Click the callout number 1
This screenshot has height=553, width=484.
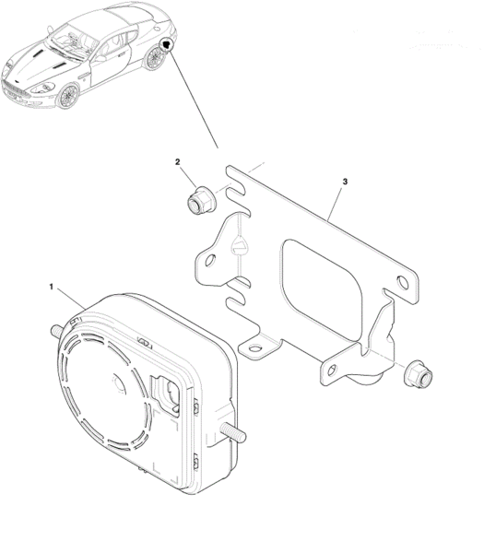tap(51, 287)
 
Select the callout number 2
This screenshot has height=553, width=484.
tap(177, 162)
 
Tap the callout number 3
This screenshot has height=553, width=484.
tap(345, 182)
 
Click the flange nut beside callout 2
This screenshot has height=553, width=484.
tap(201, 200)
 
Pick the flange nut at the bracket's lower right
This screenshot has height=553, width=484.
tap(419, 374)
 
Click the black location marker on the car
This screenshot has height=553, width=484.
tap(166, 45)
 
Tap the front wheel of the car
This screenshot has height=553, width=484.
tap(68, 95)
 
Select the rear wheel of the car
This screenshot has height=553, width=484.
tap(155, 57)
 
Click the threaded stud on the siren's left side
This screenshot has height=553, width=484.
tap(56, 331)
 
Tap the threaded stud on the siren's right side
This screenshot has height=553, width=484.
tap(233, 432)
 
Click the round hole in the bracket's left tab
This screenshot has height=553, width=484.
tap(210, 261)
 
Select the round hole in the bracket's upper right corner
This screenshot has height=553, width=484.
tap(403, 283)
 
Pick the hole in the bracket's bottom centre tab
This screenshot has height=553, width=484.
tap(254, 349)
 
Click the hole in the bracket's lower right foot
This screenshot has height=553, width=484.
tap(332, 370)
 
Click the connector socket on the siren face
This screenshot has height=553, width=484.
tap(167, 393)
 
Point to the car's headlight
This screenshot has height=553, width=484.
tap(45, 88)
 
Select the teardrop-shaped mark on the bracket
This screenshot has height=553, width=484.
tap(239, 245)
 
